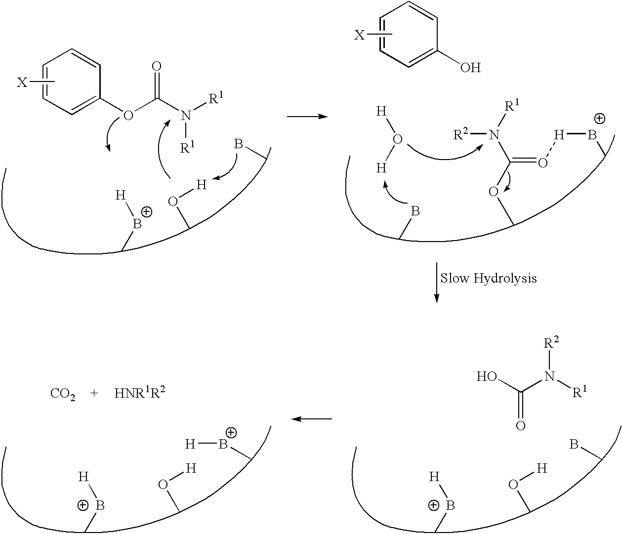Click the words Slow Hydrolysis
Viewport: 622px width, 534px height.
489,279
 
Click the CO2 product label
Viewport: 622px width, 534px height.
63,394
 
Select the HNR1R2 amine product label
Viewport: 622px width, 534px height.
140,393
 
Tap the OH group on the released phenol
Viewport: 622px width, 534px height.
470,68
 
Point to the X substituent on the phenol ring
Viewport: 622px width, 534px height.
359,36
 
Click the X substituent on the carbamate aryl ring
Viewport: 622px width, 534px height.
22,82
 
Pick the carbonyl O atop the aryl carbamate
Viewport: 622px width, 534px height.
157,67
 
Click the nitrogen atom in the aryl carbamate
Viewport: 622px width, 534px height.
187,116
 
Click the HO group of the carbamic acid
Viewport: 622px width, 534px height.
487,376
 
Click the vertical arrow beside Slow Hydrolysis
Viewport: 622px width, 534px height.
436,283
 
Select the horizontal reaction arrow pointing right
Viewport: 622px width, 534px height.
307,117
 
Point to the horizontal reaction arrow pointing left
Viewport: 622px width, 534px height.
311,419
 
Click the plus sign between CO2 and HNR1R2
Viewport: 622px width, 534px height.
94,394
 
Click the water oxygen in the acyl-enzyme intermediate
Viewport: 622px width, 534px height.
398,140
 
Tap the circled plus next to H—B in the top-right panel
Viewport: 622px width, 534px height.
600,119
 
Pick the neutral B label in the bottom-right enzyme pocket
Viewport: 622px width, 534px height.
574,445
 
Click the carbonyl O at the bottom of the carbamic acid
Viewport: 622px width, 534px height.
521,426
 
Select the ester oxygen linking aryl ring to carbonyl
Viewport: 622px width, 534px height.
128,116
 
